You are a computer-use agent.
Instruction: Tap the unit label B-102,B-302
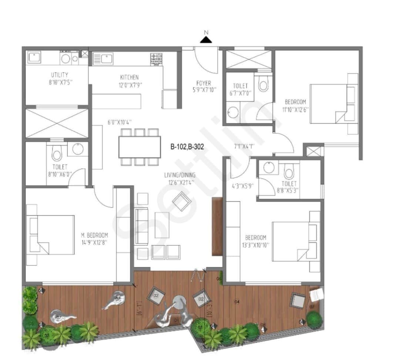[x=187, y=146]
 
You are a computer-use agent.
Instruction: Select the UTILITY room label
[x=59, y=75]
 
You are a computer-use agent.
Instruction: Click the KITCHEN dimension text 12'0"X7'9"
[x=129, y=84]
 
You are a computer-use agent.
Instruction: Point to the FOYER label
[x=204, y=83]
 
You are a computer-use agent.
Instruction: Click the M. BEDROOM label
[x=94, y=235]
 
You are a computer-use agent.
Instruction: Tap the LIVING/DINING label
[x=180, y=175]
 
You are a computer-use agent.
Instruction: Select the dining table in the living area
[x=139, y=147]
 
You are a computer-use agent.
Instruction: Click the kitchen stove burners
[x=156, y=58]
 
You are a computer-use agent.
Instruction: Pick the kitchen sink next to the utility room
[x=103, y=59]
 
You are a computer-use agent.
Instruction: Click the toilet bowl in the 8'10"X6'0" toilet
[x=57, y=154]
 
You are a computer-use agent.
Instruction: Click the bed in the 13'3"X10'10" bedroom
[x=293, y=241]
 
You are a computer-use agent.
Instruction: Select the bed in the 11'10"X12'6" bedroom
[x=330, y=104]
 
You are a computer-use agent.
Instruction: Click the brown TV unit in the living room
[x=217, y=226]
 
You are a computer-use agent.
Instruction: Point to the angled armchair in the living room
[x=182, y=202]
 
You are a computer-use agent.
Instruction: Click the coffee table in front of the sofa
[x=162, y=225]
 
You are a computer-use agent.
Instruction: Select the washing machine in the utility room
[x=66, y=58]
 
